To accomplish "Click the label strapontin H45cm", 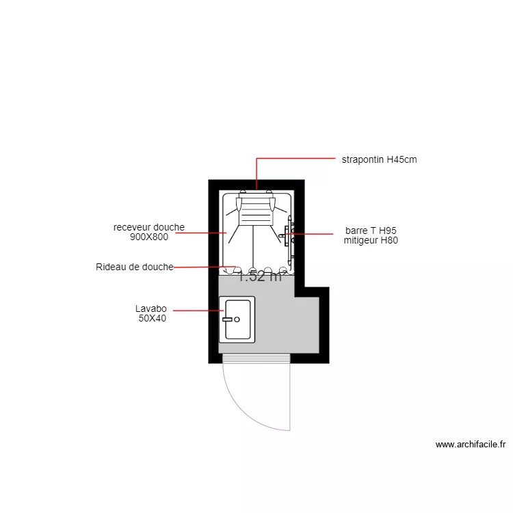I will coord(379,160).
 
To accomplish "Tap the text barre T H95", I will coord(371,231).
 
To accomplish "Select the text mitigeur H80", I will coord(371,240).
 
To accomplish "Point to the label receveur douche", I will coord(149,227).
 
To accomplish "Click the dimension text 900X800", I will coord(149,237).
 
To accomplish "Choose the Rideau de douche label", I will coord(135,267).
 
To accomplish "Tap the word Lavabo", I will coord(151,308).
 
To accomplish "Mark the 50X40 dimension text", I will coord(152,318).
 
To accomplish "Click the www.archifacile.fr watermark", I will coord(471,445).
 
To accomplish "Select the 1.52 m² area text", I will coord(260,277).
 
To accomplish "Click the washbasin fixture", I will coord(237,319).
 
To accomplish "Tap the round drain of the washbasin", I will coord(237,319).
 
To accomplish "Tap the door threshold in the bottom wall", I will coord(256,358).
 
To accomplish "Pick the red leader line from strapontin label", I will coord(294,159).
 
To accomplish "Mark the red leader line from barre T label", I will coord(315,234).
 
